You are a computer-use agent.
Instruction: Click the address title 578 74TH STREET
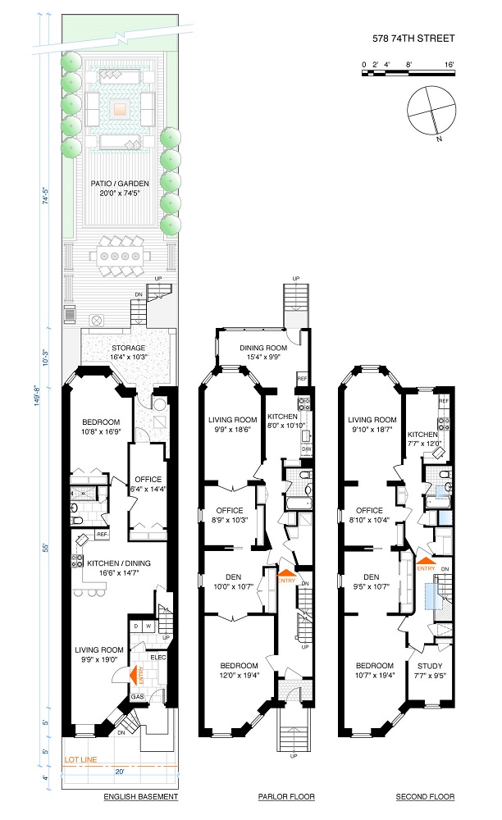413,39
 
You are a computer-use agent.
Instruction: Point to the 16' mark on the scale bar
450,65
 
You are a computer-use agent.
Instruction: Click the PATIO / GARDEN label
120,184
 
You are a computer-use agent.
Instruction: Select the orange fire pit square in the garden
120,109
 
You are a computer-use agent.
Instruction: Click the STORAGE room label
128,348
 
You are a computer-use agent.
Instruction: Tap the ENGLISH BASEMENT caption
140,796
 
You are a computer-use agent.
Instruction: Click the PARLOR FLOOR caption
286,796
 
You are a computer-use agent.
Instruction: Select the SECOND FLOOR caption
425,796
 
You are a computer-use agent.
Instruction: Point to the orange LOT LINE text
80,760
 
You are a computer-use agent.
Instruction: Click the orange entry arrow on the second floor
426,562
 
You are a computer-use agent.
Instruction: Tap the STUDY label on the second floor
430,666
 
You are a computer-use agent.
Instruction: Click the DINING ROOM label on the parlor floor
263,348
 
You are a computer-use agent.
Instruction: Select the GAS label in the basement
137,696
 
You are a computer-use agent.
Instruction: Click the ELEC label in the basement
158,657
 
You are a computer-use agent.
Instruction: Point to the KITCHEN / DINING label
119,563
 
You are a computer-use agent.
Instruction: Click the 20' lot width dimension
120,771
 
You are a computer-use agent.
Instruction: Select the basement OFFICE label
148,480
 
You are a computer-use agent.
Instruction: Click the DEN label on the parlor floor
233,576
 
